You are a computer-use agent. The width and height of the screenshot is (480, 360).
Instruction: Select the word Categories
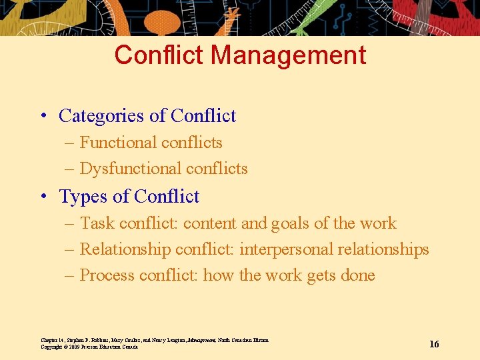click(101, 116)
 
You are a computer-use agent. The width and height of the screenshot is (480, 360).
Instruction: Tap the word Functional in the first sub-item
click(117, 143)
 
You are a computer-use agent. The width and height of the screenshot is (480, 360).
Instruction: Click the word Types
click(83, 197)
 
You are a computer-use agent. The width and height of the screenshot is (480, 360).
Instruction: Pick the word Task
click(97, 223)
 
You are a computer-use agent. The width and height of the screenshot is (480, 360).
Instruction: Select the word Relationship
click(125, 249)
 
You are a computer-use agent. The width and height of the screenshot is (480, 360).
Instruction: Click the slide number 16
click(434, 344)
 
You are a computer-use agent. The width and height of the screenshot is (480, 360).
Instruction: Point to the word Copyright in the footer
click(53, 347)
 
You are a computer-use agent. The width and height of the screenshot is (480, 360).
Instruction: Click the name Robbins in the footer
click(104, 340)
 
